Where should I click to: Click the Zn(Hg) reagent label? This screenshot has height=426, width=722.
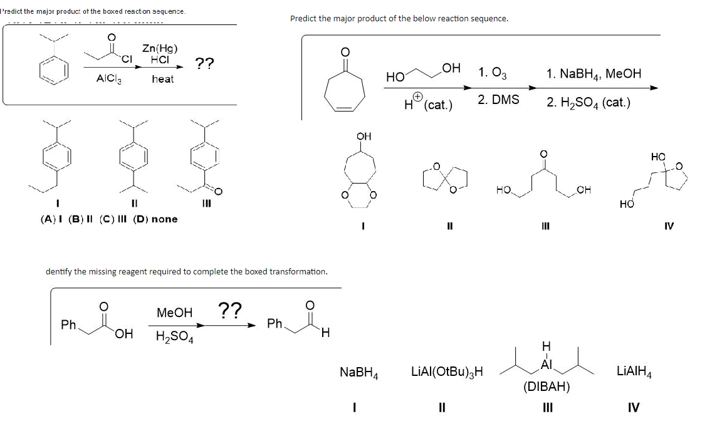pos(160,48)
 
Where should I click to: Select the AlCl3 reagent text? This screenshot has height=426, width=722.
pos(109,79)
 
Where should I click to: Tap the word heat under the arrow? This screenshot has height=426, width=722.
pos(162,79)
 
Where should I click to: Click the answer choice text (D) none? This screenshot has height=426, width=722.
pos(156,219)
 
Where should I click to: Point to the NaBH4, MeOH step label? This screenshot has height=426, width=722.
pos(594,74)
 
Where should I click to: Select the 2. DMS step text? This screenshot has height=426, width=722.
pos(498,100)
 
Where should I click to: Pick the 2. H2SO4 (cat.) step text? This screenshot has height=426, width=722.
pos(588,103)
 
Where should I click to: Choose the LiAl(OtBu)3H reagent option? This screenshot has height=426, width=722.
pos(447,372)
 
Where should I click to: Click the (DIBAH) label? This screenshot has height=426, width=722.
pos(547,387)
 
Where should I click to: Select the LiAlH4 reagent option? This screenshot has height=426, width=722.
pos(634,372)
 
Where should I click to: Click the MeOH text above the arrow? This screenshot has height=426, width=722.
pos(174,312)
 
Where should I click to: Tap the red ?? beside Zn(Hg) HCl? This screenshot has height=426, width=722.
pos(204,63)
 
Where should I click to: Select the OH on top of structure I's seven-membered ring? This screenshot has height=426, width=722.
pos(364,137)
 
